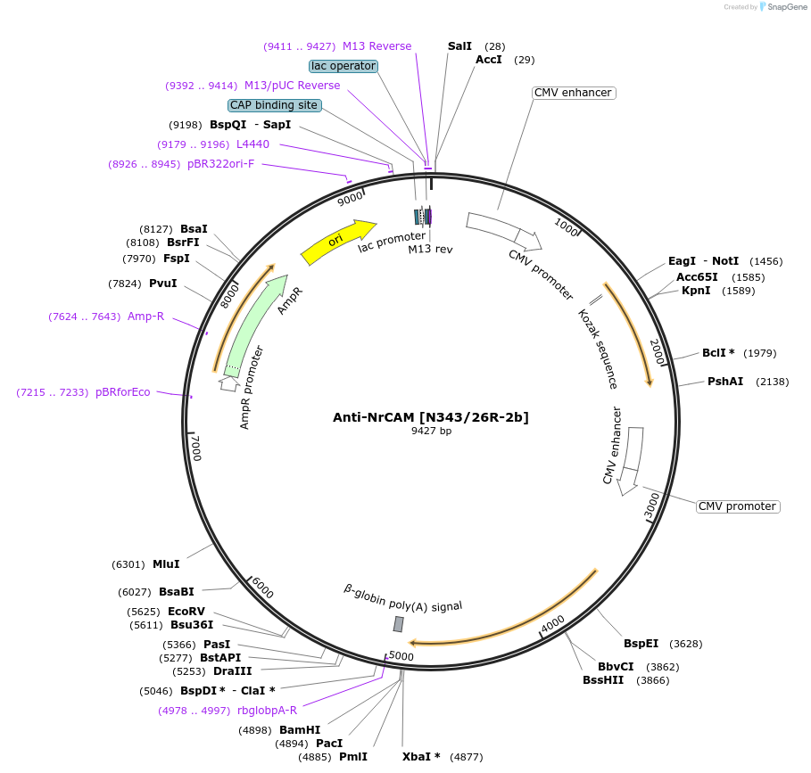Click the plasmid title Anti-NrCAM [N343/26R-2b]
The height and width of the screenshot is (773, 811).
click(x=431, y=416)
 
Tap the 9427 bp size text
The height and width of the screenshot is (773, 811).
click(x=431, y=431)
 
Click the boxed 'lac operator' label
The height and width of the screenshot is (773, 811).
click(x=343, y=66)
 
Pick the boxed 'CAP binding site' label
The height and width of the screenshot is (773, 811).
click(x=274, y=105)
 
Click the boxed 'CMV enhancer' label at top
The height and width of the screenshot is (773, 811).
click(x=573, y=93)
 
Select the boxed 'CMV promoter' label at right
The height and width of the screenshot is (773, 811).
click(x=737, y=506)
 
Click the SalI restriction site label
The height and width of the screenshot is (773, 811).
click(x=459, y=45)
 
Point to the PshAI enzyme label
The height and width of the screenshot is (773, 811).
click(x=725, y=382)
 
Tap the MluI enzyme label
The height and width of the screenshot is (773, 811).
click(x=166, y=564)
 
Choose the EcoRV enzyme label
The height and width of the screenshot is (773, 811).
click(x=186, y=612)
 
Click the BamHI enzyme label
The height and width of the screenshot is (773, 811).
click(x=300, y=730)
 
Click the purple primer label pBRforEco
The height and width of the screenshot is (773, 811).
click(x=123, y=392)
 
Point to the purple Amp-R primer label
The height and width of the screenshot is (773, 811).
click(x=145, y=317)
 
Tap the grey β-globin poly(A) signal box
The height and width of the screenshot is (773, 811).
click(x=398, y=624)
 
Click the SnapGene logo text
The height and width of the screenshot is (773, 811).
click(x=788, y=6)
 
